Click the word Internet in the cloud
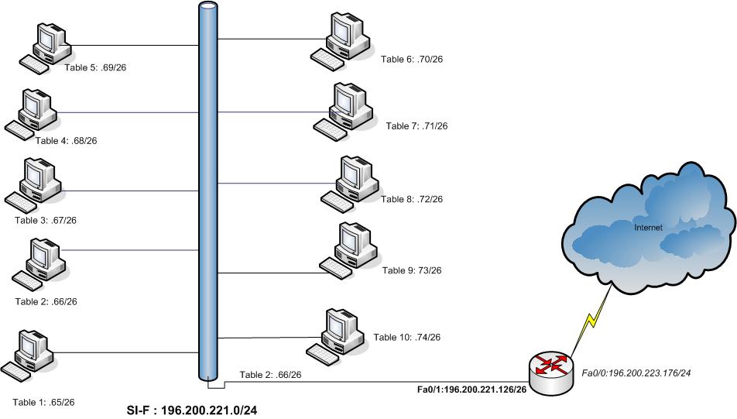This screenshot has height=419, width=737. pos(648,228)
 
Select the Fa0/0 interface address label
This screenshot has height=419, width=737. pos(636,373)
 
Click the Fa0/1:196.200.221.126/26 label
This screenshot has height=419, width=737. pos(472,389)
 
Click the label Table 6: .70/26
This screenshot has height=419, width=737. pos(411,59)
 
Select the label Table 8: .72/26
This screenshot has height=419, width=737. pos(412,199)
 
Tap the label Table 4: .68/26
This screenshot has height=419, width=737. pos(66,140)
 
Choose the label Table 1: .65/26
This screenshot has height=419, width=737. pos(43,402)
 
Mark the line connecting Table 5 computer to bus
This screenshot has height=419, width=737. pos(132,46)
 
